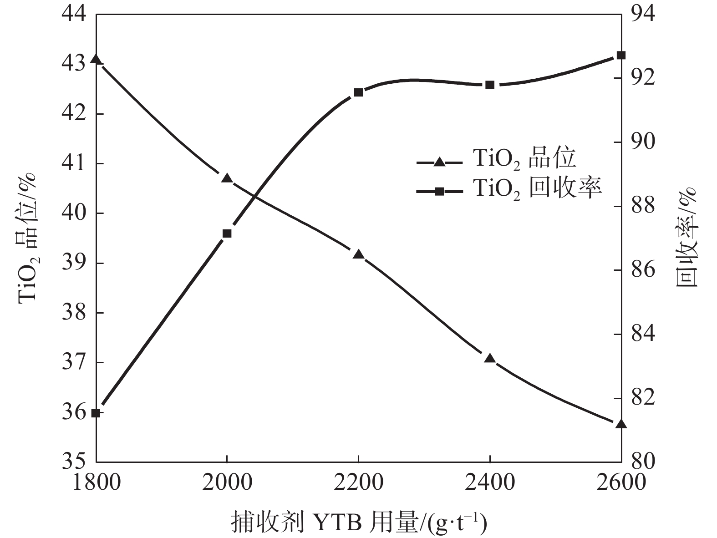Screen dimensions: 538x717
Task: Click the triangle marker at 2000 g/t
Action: [x=227, y=178]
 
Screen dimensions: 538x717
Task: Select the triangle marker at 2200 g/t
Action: [x=358, y=254]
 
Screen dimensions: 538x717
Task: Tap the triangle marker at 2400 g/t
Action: [x=490, y=359]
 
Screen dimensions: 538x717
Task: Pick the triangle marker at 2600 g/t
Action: [x=621, y=424]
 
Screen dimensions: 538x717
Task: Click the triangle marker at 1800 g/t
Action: [x=96, y=60]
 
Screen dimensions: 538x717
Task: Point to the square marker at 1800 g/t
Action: [x=96, y=413]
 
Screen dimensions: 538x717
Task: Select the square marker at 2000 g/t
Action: [x=227, y=233]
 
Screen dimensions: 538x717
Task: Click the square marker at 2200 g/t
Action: [x=358, y=92]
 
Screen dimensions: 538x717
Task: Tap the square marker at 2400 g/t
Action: [x=490, y=85]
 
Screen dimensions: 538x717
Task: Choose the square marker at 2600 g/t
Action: [x=621, y=56]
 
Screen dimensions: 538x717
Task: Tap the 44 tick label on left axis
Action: [x=74, y=14]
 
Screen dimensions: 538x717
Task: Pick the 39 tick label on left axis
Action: [x=74, y=263]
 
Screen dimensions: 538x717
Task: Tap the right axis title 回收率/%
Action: [x=686, y=237]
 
